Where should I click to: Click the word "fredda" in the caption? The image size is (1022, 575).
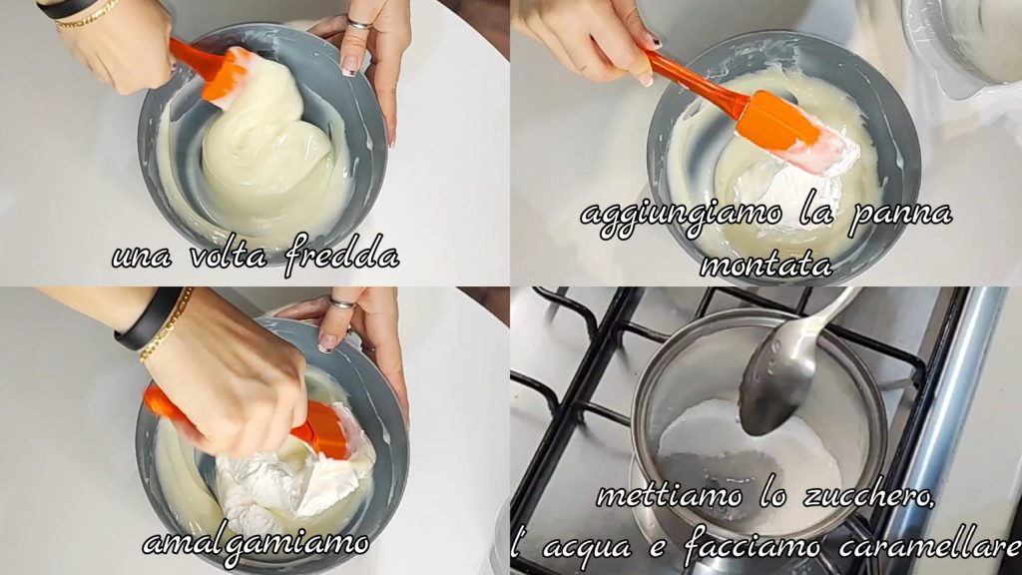click(341, 254)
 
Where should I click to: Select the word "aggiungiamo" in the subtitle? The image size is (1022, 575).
click(681, 217)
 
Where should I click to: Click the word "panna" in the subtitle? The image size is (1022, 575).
click(899, 217)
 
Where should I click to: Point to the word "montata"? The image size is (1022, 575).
click(766, 265)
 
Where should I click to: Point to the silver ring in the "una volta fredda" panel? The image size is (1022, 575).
click(359, 24)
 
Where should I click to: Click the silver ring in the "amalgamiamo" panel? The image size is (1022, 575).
click(343, 303)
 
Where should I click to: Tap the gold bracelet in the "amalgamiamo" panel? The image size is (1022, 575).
click(167, 326)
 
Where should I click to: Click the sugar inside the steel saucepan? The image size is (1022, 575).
click(750, 456)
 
